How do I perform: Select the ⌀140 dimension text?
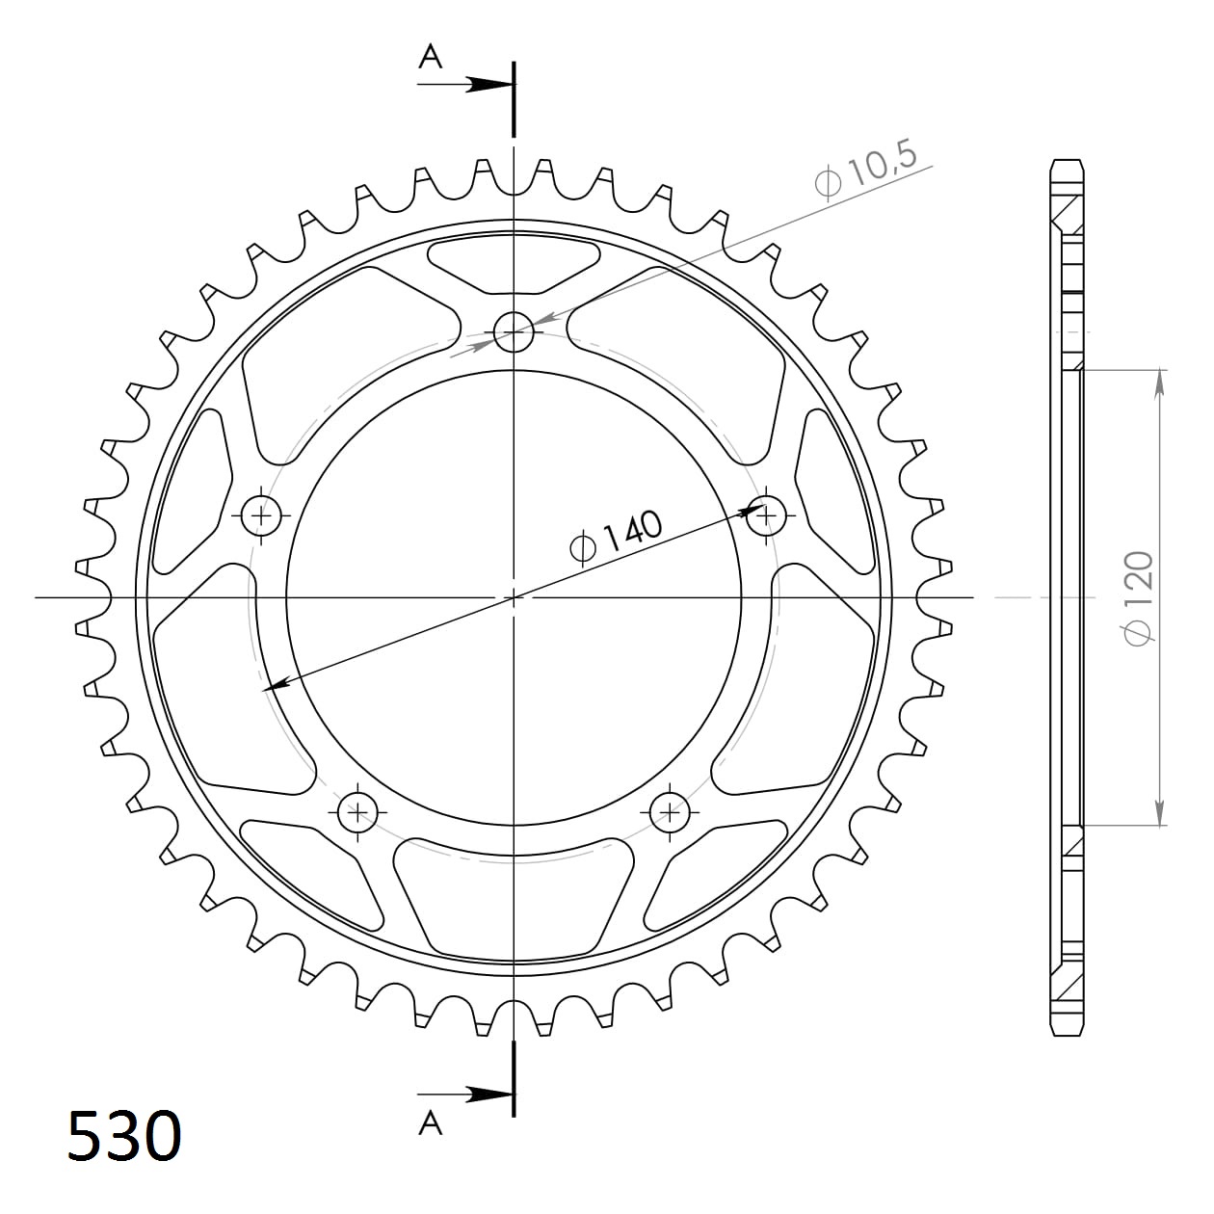[617, 535]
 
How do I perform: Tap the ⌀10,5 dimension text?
[866, 168]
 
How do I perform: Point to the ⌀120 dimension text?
[1138, 598]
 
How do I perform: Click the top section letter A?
[430, 58]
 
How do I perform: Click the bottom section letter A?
[430, 1122]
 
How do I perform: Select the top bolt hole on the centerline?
[514, 332]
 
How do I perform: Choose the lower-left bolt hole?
[357, 811]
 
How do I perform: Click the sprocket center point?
[515, 597]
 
